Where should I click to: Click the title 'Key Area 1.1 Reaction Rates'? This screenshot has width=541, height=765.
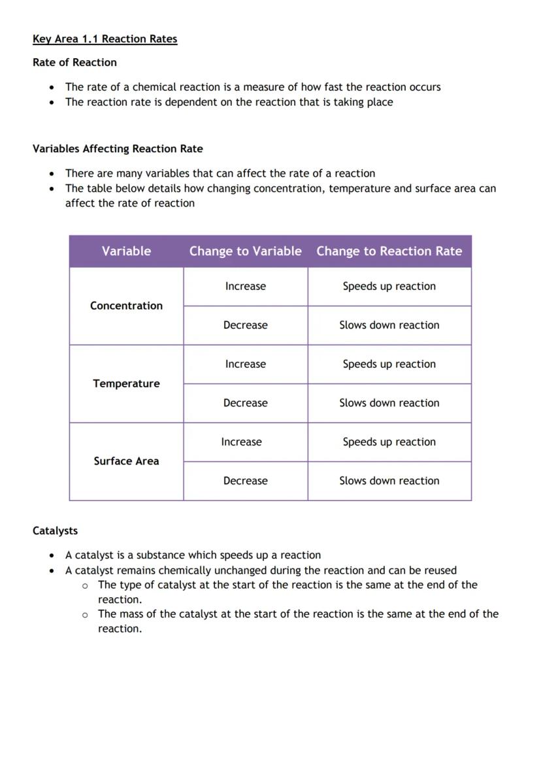[x=105, y=39]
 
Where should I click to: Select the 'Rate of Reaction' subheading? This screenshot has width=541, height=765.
[x=74, y=63]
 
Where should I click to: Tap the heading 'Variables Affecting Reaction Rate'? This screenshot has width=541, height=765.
[x=118, y=149]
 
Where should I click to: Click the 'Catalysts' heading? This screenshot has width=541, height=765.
[x=55, y=531]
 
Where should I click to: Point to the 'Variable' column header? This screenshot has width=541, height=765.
[x=126, y=252]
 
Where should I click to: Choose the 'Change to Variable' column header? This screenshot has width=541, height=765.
[x=245, y=252]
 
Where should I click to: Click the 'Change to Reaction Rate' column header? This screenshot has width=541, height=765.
[x=389, y=252]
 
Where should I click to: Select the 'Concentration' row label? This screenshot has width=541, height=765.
[x=126, y=306]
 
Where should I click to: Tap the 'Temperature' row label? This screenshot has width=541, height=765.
[x=126, y=383]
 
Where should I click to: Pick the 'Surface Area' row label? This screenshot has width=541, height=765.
[x=126, y=461]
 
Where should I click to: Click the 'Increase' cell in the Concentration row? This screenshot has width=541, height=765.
[x=245, y=286]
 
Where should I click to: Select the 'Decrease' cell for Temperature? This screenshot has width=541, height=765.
[x=245, y=403]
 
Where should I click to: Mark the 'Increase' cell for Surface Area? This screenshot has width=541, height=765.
[x=241, y=442]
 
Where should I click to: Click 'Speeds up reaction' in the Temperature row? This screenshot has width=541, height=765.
[x=389, y=365]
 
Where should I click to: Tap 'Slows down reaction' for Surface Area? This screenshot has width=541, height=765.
[x=389, y=481]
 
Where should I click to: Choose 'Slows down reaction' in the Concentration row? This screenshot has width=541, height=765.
[x=389, y=325]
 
